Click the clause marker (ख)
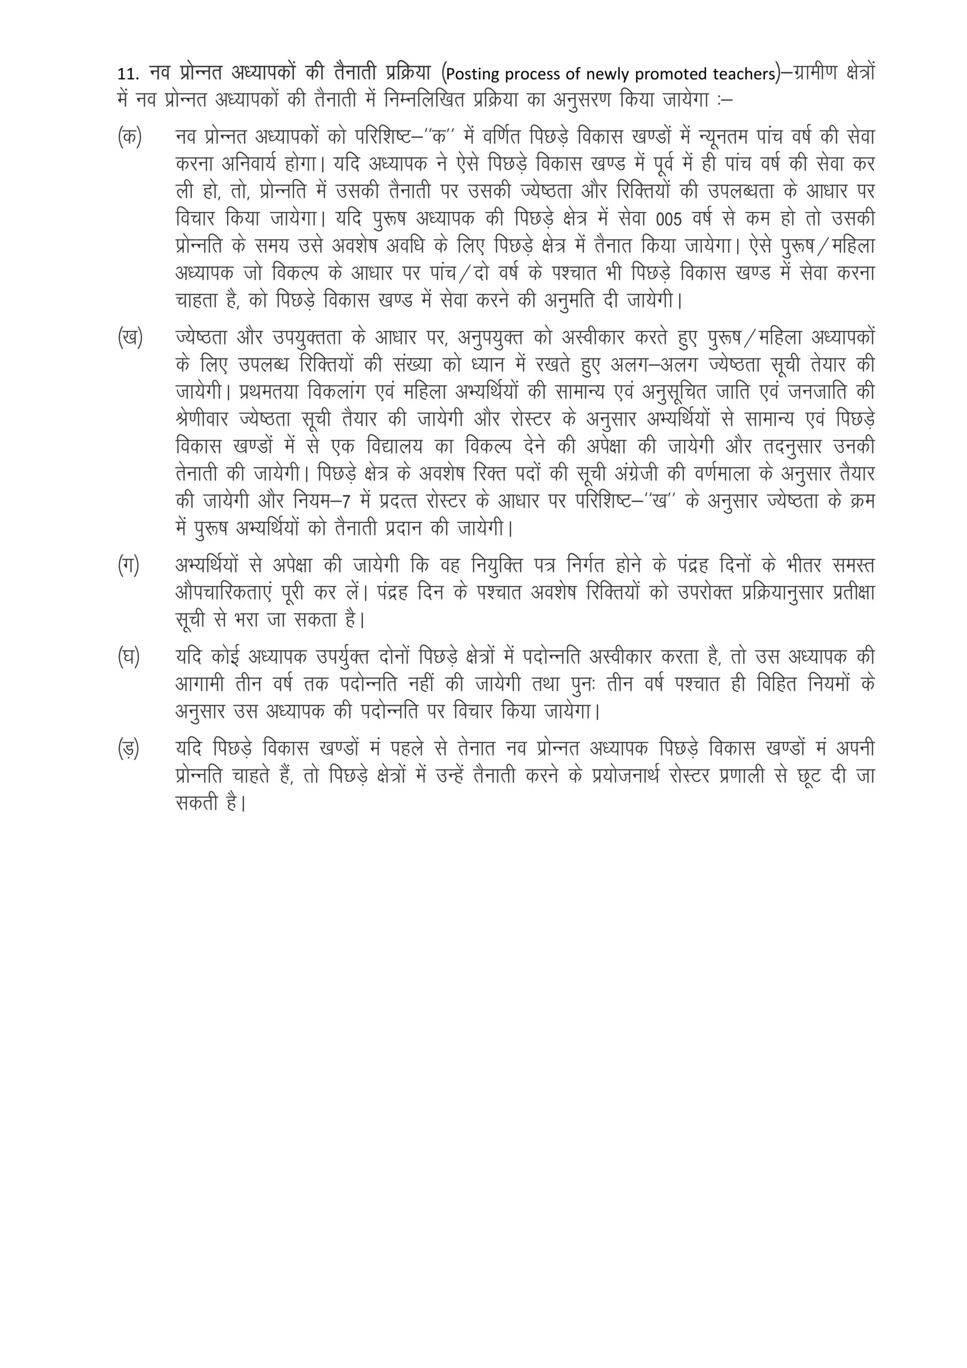(129, 338)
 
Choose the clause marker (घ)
(128, 657)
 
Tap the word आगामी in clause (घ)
(200, 685)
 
